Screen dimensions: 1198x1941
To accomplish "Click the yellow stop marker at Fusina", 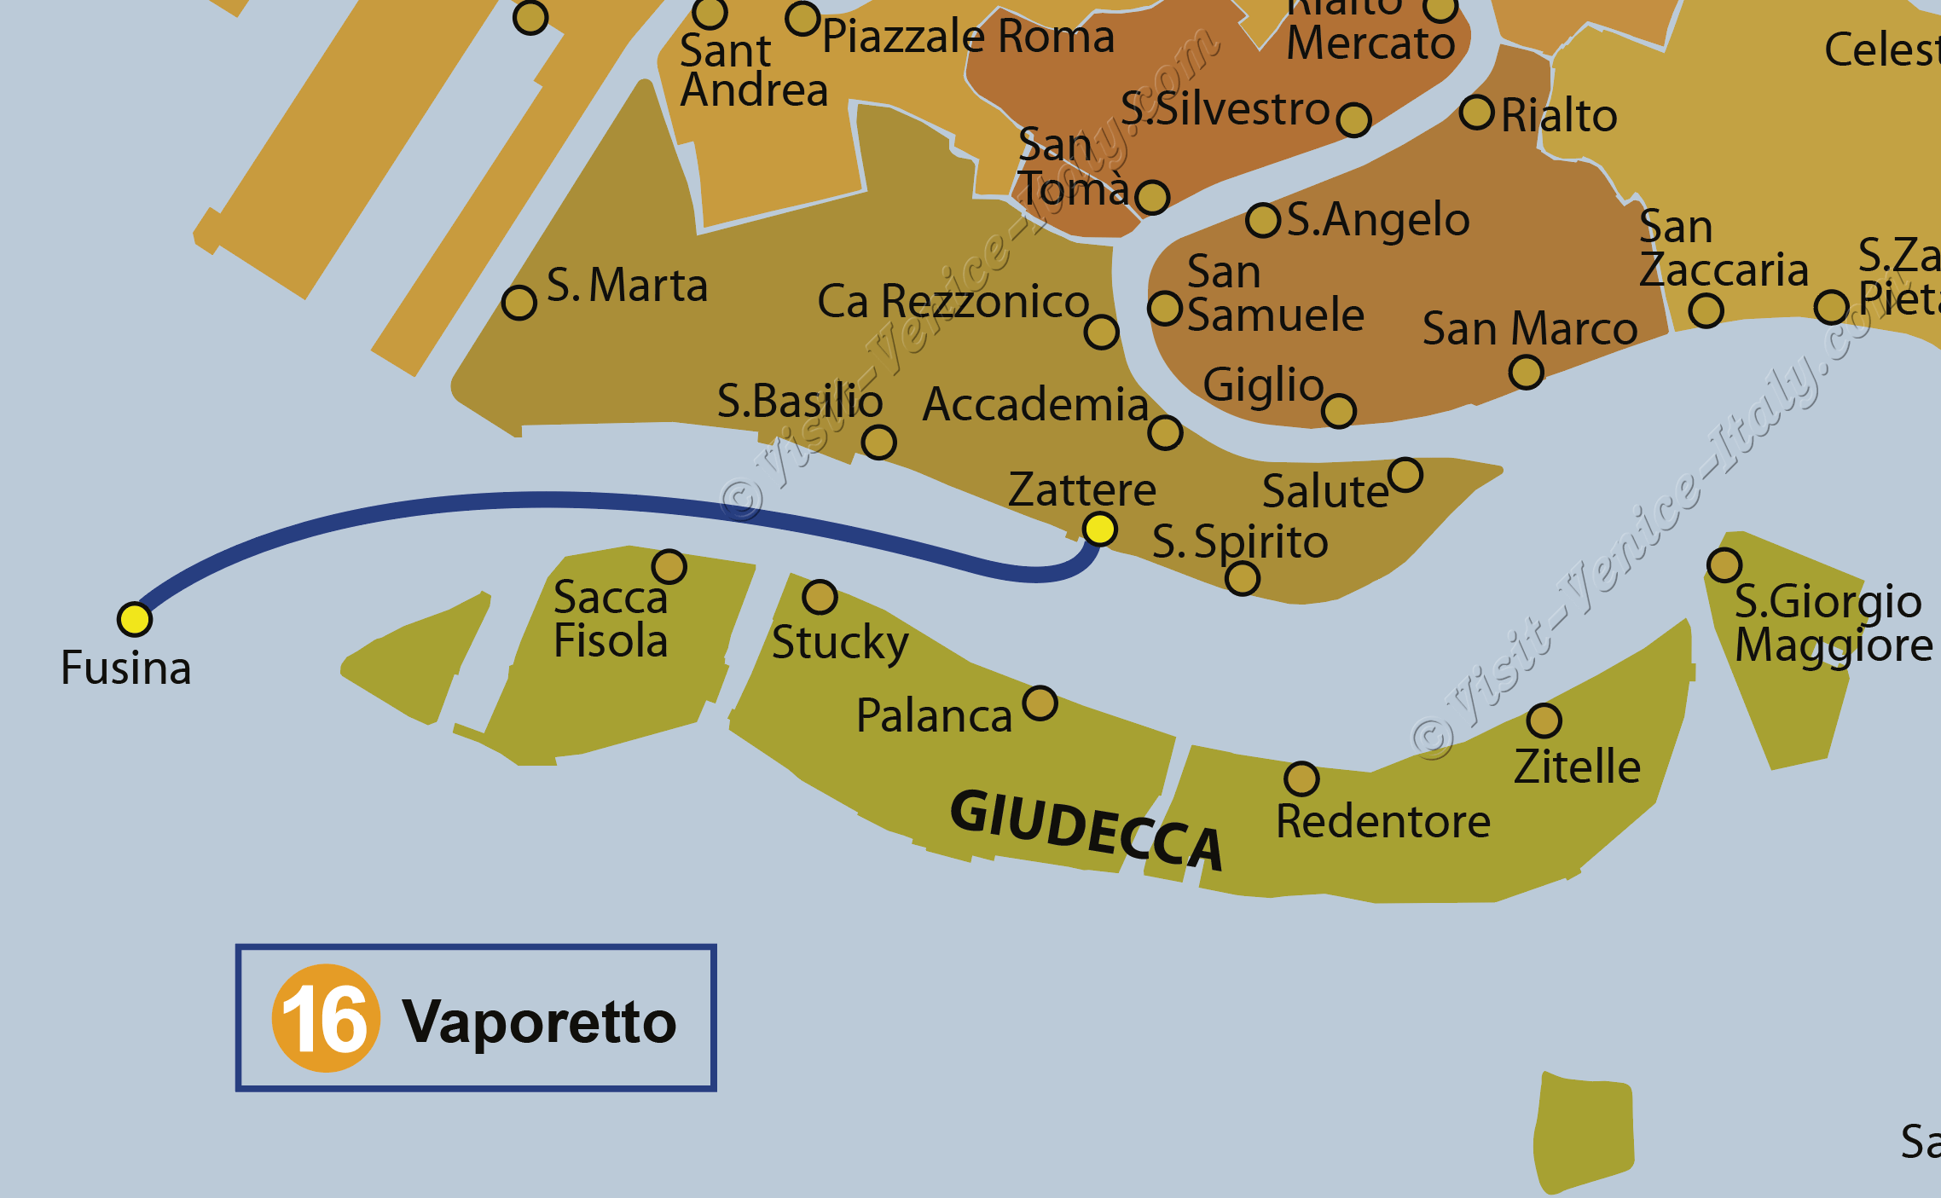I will (x=135, y=619).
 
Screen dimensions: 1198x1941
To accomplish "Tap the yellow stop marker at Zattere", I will (x=1099, y=530).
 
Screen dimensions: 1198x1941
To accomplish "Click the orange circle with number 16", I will (x=325, y=1018).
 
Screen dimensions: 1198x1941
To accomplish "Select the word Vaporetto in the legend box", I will (x=539, y=1021).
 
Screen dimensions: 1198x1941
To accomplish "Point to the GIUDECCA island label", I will (x=1086, y=829).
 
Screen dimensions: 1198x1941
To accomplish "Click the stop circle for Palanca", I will (x=1040, y=703).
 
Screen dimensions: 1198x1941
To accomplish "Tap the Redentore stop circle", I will (x=1301, y=778).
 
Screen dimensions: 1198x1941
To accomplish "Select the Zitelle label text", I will (x=1577, y=766).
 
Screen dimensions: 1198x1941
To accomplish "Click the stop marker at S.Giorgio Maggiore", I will (x=1724, y=564).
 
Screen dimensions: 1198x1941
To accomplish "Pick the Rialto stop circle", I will (x=1476, y=113).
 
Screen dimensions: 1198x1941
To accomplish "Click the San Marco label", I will (x=1529, y=328).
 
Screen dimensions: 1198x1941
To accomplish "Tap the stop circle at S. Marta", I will (x=519, y=303).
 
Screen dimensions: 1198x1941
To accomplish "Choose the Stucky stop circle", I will (x=820, y=597).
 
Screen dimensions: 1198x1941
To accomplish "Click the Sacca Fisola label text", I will (x=610, y=619).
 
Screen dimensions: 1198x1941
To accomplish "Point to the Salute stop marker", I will (x=1405, y=475).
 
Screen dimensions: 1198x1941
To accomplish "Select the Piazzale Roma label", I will (x=968, y=37).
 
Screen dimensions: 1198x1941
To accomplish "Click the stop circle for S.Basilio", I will (x=878, y=443).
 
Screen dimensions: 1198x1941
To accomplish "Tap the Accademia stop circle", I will (x=1165, y=432).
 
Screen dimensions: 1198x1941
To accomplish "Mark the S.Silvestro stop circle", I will (x=1353, y=119).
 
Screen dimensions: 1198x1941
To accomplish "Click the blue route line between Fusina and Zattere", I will (x=546, y=500).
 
